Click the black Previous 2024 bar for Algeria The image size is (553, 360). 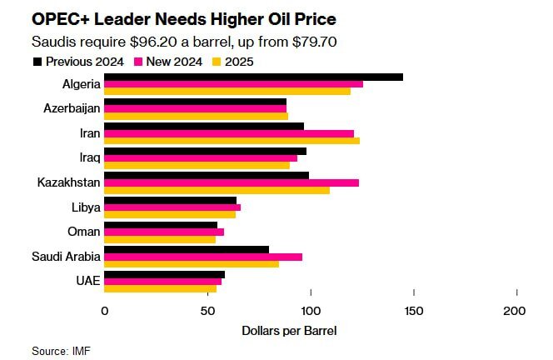point(254,77)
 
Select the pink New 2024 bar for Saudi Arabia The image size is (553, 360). point(203,257)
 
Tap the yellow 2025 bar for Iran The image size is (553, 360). point(232,141)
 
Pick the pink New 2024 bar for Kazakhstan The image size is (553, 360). point(232,182)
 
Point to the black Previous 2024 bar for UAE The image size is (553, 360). point(165,273)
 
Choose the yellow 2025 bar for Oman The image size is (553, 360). point(160,240)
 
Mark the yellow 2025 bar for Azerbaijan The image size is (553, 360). point(197,117)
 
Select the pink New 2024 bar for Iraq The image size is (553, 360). point(201,158)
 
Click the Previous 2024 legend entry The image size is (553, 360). point(80,62)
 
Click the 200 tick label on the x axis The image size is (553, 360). point(516,310)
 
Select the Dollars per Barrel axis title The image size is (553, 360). point(289,330)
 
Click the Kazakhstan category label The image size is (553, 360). point(69,182)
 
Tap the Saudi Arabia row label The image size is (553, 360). point(67,257)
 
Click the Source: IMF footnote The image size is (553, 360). point(61,351)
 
